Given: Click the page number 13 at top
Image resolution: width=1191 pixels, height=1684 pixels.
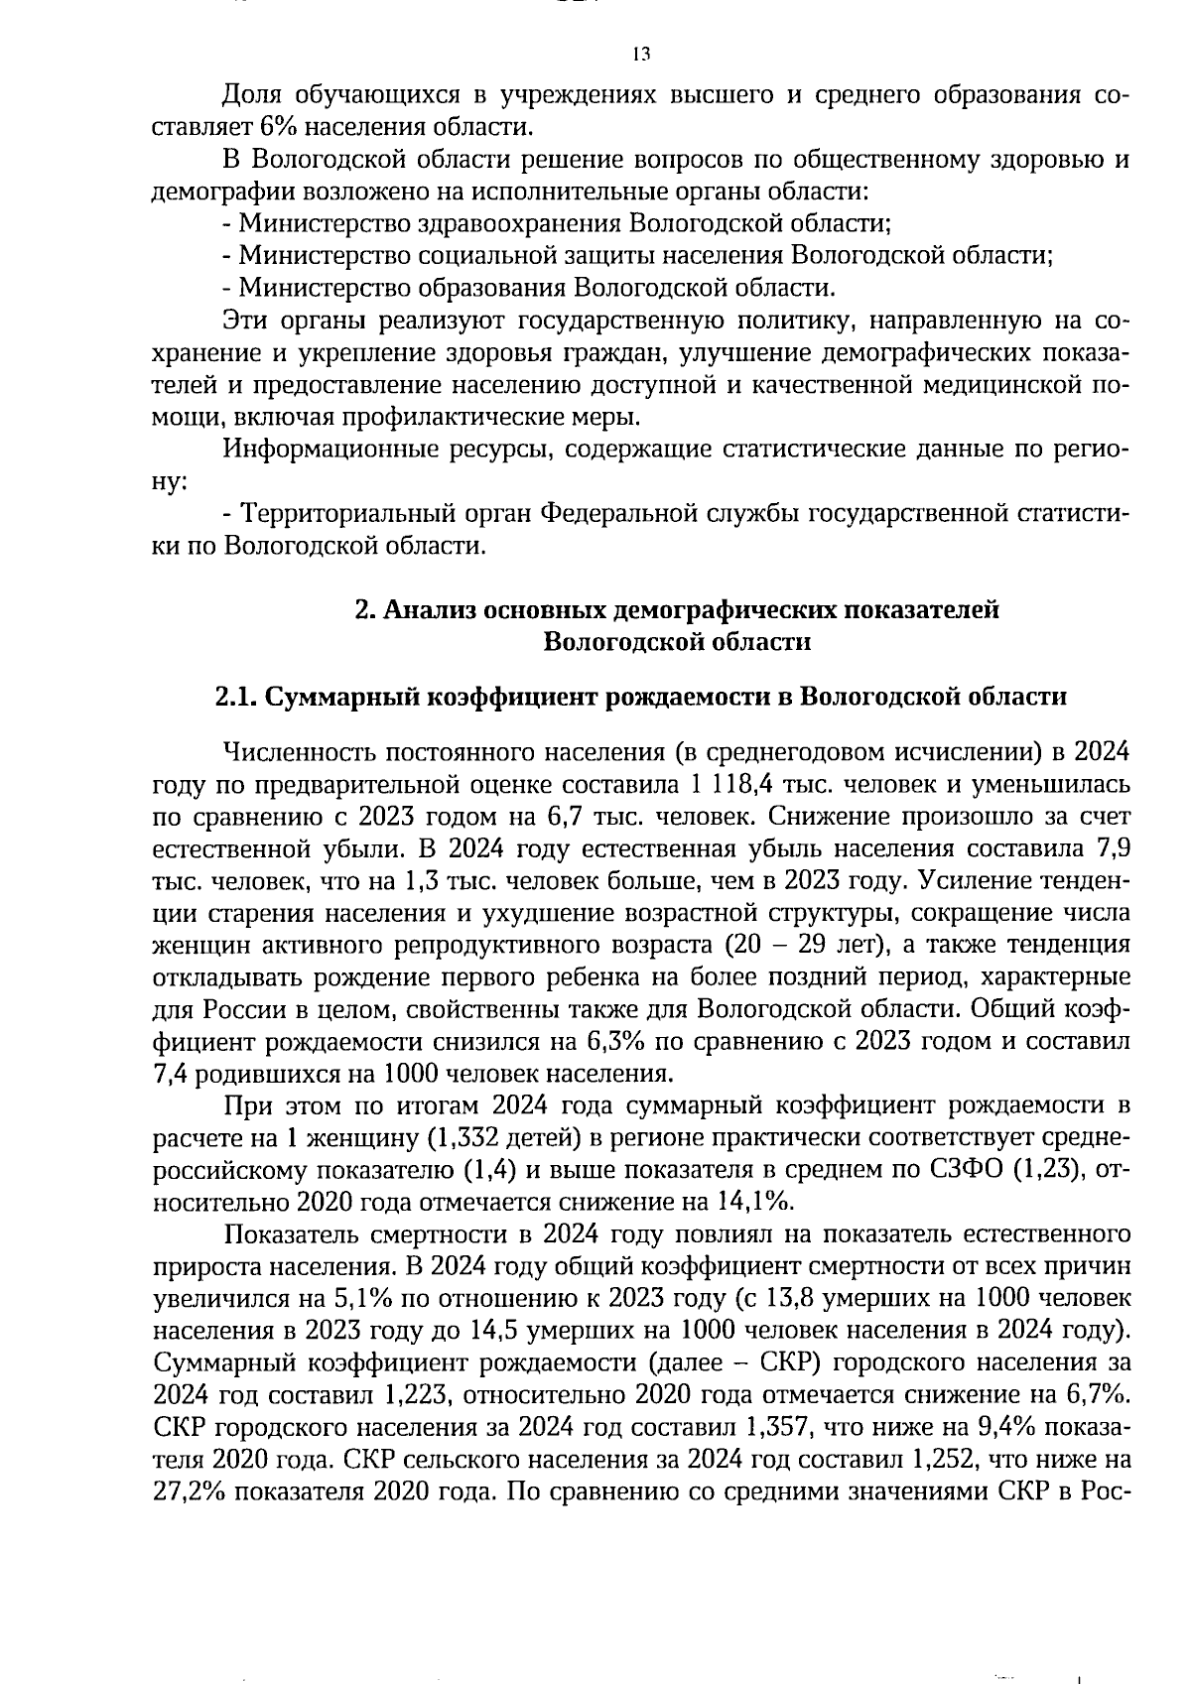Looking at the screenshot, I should (639, 54).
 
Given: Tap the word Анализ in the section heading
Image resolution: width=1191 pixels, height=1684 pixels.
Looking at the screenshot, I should (429, 610).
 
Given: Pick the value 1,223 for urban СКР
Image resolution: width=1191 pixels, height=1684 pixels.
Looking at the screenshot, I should (418, 1394).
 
